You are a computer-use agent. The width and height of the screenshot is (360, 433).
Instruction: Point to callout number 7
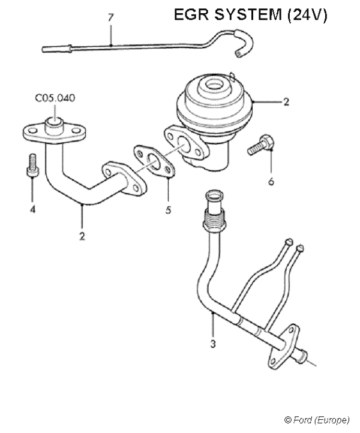110,17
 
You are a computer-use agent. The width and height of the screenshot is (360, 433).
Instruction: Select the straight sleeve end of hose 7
57,48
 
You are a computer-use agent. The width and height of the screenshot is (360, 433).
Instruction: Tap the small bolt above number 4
31,163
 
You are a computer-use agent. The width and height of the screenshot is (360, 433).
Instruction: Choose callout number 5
168,211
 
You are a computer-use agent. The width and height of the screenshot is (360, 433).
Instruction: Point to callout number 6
271,181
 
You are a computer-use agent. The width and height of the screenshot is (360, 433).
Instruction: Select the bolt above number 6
261,146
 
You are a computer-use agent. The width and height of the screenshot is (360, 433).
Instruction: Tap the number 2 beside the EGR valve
286,102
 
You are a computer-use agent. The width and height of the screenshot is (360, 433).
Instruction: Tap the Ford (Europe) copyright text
316,419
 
